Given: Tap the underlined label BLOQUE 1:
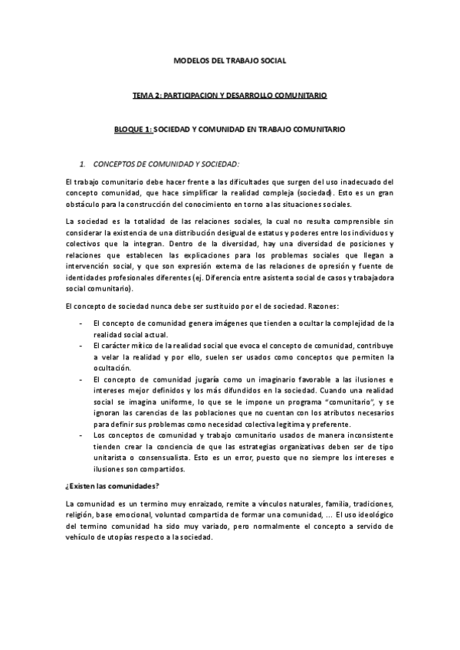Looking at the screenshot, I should pos(130,130).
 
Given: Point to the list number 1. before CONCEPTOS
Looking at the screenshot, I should pos(84,165).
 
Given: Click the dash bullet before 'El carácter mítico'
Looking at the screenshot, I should pos(83,346).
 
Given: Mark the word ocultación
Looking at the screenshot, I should pos(113,368).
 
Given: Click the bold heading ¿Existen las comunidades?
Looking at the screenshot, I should pos(111,485).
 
